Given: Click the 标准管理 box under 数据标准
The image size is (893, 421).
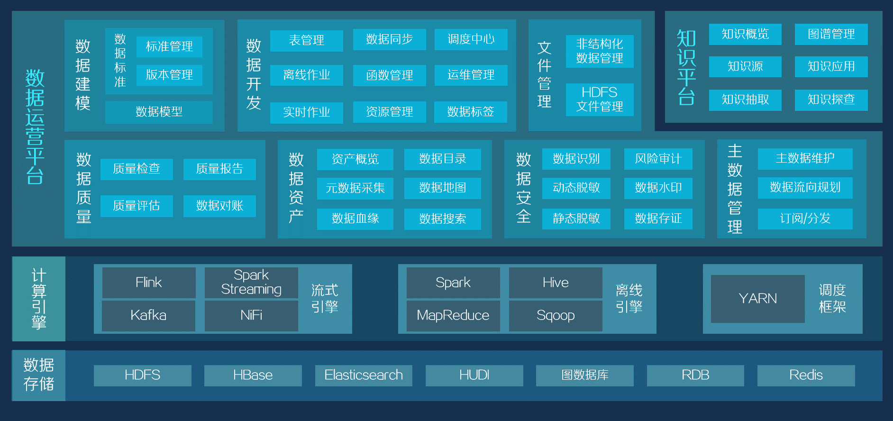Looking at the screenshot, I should [x=169, y=46].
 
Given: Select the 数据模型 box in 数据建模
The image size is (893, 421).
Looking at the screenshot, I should [x=159, y=112].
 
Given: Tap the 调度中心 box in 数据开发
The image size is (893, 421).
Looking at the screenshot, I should [x=471, y=39].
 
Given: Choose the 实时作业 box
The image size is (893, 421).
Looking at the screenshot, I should [x=306, y=112].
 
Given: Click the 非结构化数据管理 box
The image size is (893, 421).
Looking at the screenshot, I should [x=600, y=51].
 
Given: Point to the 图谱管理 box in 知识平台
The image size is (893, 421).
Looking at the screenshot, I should [x=831, y=34].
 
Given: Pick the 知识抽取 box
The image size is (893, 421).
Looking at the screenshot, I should [x=745, y=100].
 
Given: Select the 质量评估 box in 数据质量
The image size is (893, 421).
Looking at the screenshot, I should [x=137, y=206].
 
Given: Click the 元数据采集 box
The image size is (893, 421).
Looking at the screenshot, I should [x=355, y=188].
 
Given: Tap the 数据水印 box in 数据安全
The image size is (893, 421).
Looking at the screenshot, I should [x=658, y=188].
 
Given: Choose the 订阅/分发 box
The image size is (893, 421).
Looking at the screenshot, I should [x=805, y=219].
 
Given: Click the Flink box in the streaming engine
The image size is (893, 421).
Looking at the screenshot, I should [x=149, y=283].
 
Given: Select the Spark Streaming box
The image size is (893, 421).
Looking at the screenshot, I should [x=251, y=283].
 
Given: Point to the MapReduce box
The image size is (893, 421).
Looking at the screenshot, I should [x=453, y=315].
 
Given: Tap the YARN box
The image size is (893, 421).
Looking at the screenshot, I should [x=757, y=299].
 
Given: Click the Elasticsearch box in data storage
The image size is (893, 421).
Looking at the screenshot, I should [x=364, y=375].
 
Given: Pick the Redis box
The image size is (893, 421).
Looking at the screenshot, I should [x=806, y=375].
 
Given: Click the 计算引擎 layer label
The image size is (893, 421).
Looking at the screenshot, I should [x=39, y=299].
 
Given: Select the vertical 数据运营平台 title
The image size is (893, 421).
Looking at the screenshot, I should [x=35, y=127].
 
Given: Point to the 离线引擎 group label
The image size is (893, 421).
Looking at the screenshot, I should [x=629, y=299].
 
